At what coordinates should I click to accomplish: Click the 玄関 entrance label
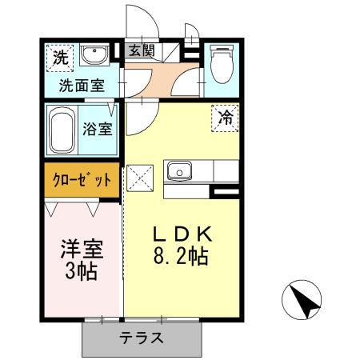click(x=141, y=50)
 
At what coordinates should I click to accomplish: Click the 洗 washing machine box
click(x=58, y=57)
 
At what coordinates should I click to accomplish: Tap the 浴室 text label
click(x=100, y=129)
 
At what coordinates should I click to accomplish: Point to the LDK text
click(x=182, y=234)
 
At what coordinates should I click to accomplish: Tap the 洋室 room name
click(x=79, y=247)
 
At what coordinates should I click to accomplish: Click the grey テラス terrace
click(x=143, y=338)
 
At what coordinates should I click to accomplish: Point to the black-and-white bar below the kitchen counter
click(x=225, y=192)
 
